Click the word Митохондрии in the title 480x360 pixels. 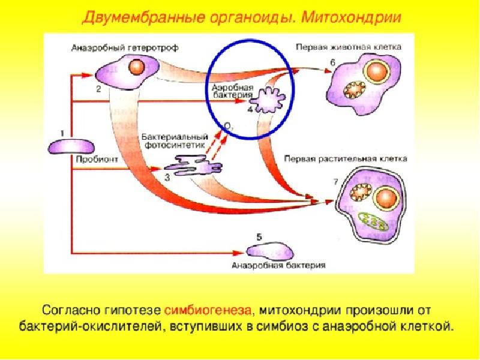coord(351,17)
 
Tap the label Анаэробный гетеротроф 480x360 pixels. coord(125,48)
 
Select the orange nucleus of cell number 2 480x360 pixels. coord(136,67)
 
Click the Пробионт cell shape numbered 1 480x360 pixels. coord(71,146)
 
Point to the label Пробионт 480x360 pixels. coord(97,160)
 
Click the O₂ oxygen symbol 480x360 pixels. coord(229,126)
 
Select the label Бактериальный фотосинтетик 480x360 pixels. coord(175,141)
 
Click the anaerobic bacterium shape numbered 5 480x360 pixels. coord(270,251)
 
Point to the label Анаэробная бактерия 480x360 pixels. coord(278,265)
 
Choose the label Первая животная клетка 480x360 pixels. coord(349,47)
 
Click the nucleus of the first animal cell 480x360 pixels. coord(377,72)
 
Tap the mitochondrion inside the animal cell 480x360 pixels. coord(354,89)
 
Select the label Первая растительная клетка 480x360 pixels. coord(346,159)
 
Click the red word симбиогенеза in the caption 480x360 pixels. coord(208,310)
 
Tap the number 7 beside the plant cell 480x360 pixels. coord(335,182)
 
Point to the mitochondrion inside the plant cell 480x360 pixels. coord(362,192)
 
